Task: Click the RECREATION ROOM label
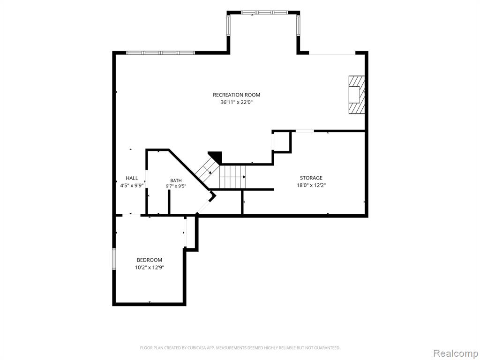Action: click(x=236, y=95)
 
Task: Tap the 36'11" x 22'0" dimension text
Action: click(x=236, y=103)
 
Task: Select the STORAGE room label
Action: click(x=311, y=178)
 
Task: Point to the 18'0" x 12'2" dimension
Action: click(x=311, y=185)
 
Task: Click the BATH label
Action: click(x=176, y=180)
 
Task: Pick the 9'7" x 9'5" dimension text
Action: click(x=176, y=186)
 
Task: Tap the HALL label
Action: click(x=132, y=178)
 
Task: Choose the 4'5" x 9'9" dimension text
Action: click(x=132, y=185)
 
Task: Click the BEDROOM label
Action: click(x=150, y=260)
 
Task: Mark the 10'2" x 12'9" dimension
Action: click(x=150, y=268)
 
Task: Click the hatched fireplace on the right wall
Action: click(x=357, y=95)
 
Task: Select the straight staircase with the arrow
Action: click(x=233, y=177)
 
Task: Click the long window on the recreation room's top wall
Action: click(x=160, y=52)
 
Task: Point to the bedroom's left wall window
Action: click(x=114, y=259)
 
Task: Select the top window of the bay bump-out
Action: click(x=264, y=13)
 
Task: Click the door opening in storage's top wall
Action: click(x=305, y=131)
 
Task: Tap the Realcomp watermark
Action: click(x=455, y=353)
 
